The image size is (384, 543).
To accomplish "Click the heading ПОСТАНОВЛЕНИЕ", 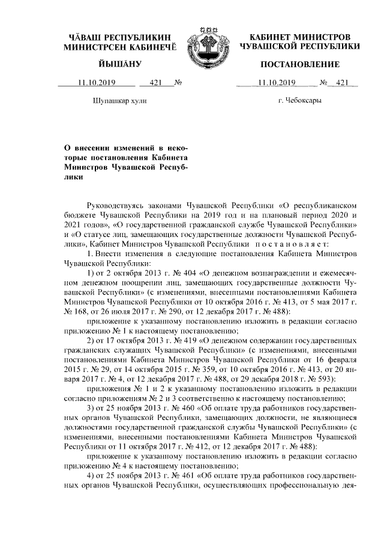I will (x=299, y=64).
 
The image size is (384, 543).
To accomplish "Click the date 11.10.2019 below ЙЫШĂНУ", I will (x=89, y=83).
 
